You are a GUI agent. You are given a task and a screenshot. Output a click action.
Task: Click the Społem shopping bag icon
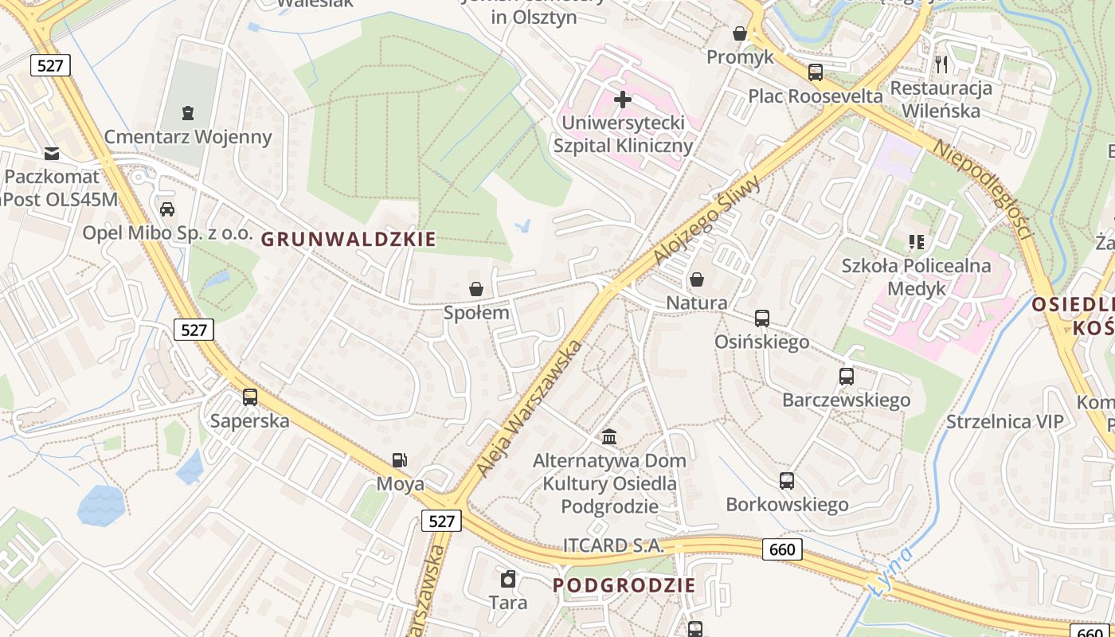coord(476,289)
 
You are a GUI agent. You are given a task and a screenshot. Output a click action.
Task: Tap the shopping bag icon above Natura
coord(697,279)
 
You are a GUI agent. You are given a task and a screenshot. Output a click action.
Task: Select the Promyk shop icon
coord(740,33)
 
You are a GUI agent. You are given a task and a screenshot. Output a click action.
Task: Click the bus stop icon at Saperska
coord(250,397)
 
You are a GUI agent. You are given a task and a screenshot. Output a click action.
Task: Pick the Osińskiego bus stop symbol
coord(762,318)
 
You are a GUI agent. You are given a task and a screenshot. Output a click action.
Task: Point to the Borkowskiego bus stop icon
coord(787,481)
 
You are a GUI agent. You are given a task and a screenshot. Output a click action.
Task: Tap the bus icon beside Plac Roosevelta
coord(816,72)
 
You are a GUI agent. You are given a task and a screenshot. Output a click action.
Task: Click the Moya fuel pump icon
coord(400,460)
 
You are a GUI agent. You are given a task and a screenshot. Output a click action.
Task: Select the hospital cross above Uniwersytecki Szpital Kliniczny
coord(623,100)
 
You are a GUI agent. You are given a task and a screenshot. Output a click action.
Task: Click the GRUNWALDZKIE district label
coord(349,239)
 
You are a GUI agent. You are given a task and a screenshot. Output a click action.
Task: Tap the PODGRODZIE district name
coord(624,585)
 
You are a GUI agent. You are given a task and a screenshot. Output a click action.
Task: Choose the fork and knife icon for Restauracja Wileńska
coord(942,64)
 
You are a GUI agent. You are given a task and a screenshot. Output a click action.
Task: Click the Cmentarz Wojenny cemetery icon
coord(188,113)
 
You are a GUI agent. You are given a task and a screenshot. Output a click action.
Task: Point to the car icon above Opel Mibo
coord(167,209)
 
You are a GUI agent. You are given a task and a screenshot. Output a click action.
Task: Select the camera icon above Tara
coord(508,579)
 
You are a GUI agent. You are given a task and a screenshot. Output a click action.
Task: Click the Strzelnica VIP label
coord(1005,421)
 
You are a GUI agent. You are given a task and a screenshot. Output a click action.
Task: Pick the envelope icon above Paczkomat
coord(52,153)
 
